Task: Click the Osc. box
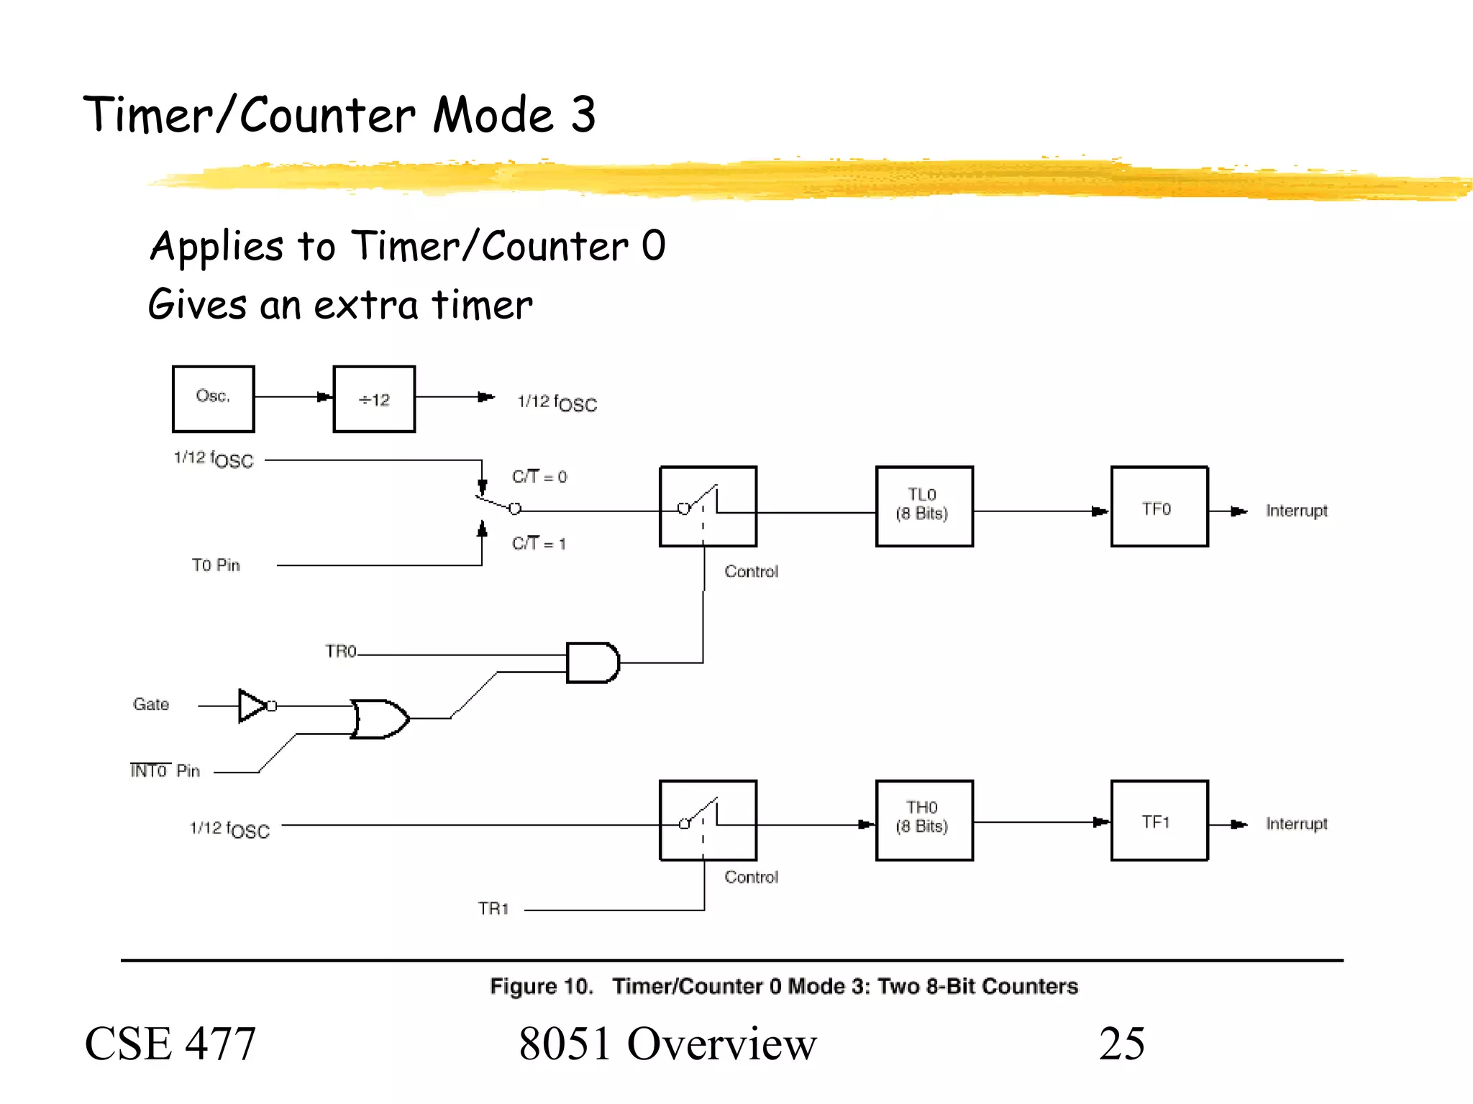(213, 398)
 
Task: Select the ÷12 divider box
(374, 399)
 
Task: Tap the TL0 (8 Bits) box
(924, 506)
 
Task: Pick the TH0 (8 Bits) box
(924, 820)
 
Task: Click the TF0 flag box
(1159, 506)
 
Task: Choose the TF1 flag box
(1159, 820)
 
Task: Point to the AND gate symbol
(592, 662)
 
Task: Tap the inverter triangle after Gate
(252, 706)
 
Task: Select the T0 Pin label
(216, 565)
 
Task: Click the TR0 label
(340, 652)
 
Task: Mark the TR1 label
(493, 909)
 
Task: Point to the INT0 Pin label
(165, 771)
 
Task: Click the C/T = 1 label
(539, 544)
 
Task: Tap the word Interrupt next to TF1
(1296, 824)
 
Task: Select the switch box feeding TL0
(708, 506)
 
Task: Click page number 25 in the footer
(1121, 1044)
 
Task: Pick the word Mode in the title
(493, 115)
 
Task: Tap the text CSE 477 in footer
(170, 1044)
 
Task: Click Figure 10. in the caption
(541, 986)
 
